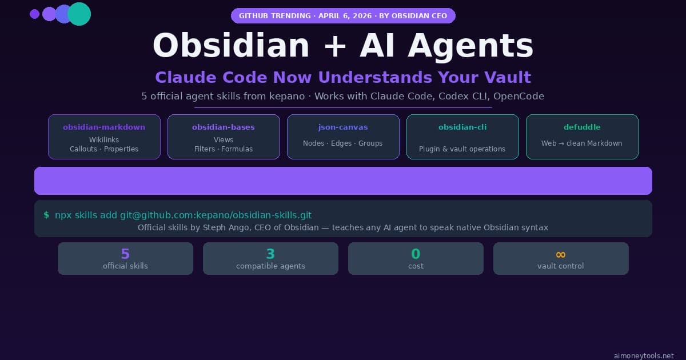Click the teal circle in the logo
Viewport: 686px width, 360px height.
click(x=79, y=14)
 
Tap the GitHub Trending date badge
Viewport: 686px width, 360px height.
click(x=343, y=15)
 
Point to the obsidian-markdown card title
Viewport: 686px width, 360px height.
click(x=104, y=127)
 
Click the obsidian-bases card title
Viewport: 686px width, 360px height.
click(x=224, y=127)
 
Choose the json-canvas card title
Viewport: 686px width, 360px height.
click(x=343, y=127)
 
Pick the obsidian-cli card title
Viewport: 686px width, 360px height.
click(x=462, y=127)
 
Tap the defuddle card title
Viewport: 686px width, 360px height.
click(x=582, y=127)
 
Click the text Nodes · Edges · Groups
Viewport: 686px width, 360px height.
click(x=343, y=143)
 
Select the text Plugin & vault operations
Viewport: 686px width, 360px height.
click(x=462, y=149)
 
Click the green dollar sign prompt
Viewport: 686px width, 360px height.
click(x=46, y=215)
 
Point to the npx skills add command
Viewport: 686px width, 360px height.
click(x=183, y=215)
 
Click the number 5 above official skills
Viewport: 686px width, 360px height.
click(x=125, y=254)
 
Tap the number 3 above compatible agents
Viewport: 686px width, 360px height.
click(x=270, y=254)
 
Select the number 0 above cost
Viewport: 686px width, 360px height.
click(x=416, y=254)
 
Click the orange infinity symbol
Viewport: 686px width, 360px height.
click(x=561, y=254)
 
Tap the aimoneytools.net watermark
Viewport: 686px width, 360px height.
click(x=643, y=355)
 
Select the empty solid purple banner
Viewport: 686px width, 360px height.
click(x=343, y=181)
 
